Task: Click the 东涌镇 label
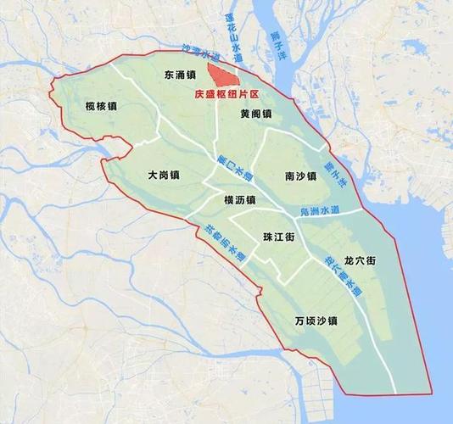click(182, 75)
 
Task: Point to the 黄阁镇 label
click(255, 114)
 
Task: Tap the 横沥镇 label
click(239, 199)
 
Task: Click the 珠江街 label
click(278, 237)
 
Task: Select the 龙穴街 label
click(360, 260)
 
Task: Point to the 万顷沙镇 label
click(316, 321)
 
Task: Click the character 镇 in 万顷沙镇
click(333, 321)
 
